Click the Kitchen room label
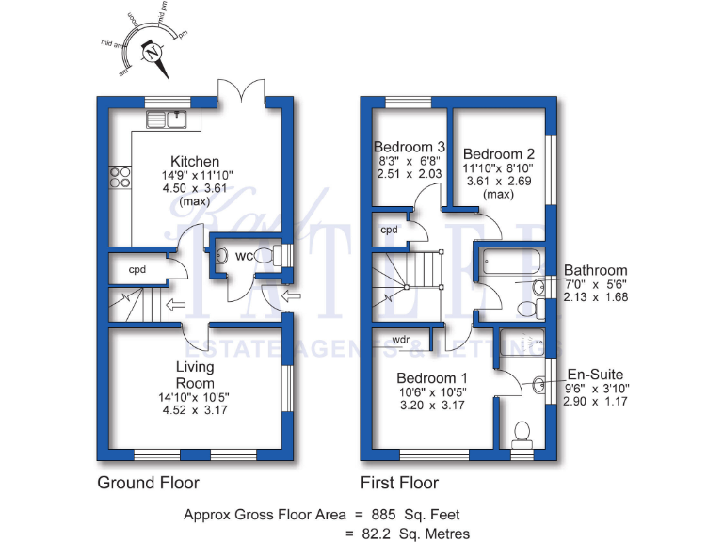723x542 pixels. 195,162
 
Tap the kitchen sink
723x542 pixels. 169,119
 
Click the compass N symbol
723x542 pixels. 152,54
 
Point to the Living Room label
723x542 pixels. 195,375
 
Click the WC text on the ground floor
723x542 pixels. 243,256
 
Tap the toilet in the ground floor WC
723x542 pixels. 264,256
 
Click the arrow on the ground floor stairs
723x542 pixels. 174,304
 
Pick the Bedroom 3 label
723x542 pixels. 410,147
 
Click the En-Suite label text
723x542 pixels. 593,374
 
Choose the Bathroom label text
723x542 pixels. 595,270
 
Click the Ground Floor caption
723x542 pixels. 149,483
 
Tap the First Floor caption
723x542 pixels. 400,483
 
